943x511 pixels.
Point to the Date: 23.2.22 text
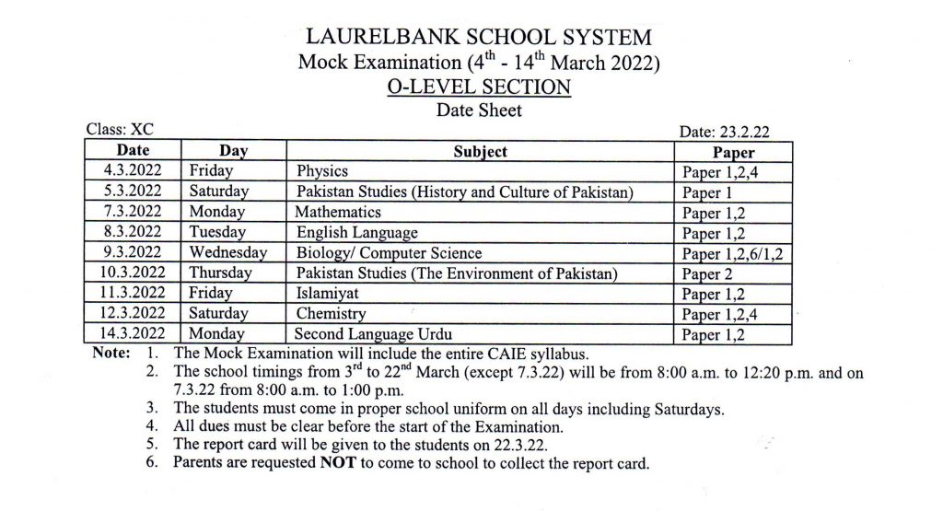tap(724, 133)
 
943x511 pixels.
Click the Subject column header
tap(480, 151)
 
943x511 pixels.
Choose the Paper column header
tap(733, 153)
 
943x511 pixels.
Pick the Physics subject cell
tap(321, 171)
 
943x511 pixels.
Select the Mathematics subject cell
tap(338, 213)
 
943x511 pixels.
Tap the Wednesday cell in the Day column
tap(228, 252)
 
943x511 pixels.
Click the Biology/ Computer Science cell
tap(389, 252)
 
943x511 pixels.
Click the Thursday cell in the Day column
tap(221, 273)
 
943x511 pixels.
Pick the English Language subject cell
tap(357, 232)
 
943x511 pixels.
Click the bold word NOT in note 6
tap(338, 463)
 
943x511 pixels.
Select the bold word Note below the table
tap(110, 354)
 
